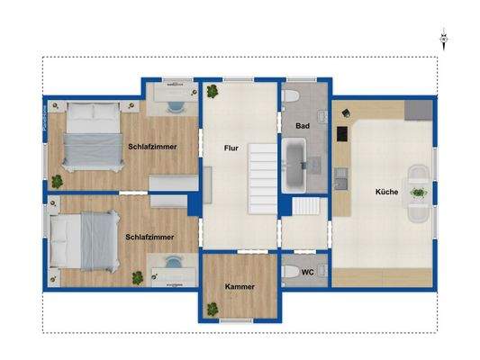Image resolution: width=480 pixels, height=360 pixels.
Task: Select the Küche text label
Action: click(387, 193)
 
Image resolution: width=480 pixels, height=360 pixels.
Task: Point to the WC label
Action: click(307, 271)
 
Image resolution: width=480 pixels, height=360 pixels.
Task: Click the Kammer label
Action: click(239, 287)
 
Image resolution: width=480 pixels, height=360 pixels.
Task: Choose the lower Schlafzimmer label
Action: click(149, 237)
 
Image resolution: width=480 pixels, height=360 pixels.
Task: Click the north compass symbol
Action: click(443, 40)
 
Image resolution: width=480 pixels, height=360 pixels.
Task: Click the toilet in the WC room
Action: click(289, 271)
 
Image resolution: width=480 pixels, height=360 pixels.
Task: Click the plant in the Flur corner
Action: click(212, 90)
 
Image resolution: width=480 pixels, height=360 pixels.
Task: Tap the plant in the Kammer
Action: click(213, 310)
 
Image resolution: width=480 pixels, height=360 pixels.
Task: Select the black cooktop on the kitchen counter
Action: click(341, 133)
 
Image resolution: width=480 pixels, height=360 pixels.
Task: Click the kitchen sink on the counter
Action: click(341, 178)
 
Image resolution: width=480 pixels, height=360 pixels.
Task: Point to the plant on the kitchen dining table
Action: click(417, 192)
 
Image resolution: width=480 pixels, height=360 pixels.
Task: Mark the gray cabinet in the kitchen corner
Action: click(415, 111)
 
